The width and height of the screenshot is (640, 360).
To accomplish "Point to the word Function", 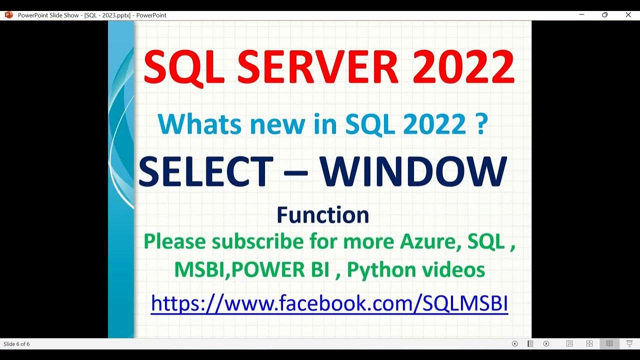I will [x=323, y=215].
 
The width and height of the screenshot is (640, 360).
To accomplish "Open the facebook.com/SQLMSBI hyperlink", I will [x=329, y=303].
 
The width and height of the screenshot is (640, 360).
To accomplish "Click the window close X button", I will [x=628, y=15].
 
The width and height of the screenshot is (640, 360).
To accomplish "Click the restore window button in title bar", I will [x=604, y=15].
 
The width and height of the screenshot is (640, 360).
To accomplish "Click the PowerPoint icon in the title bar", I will [x=8, y=15].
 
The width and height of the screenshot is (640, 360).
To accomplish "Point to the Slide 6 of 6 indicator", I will [x=16, y=344].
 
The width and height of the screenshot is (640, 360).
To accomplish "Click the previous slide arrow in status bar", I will [x=514, y=343].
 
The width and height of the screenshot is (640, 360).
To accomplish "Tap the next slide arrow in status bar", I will [x=546, y=343].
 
